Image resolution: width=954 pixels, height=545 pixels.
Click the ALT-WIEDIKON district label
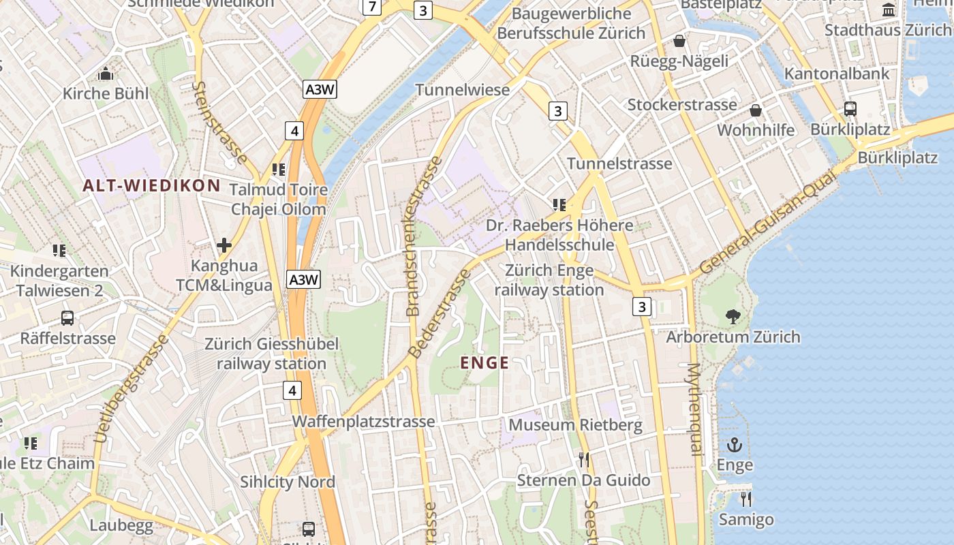152,185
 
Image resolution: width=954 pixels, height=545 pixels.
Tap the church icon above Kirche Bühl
106,74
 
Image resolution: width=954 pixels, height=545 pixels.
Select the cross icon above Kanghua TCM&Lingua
224,245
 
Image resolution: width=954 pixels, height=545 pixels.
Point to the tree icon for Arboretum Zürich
733,316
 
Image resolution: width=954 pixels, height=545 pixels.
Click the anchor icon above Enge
735,446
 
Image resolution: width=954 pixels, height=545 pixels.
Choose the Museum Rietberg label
575,426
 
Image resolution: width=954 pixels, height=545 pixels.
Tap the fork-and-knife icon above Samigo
746,499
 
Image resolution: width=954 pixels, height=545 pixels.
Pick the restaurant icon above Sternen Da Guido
583,460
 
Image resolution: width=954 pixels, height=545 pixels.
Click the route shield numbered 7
371,7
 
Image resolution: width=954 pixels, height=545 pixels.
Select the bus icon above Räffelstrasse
67,317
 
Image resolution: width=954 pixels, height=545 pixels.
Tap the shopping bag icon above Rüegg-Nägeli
679,41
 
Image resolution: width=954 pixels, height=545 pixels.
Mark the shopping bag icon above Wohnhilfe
756,110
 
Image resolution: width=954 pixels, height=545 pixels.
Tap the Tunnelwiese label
463,90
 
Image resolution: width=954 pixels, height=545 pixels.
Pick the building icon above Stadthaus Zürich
889,10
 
